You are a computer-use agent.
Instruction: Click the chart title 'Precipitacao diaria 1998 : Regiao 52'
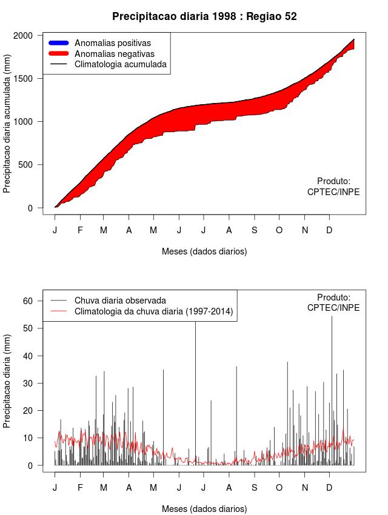tap(204, 16)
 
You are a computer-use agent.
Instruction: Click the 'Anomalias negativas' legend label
tap(115, 54)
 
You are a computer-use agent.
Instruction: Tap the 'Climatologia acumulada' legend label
tap(120, 64)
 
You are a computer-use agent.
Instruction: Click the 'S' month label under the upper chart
tap(255, 230)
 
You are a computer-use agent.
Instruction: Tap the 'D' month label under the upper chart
tap(329, 230)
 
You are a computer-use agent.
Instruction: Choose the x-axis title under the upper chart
tap(204, 251)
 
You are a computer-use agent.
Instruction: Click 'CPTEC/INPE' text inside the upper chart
tap(333, 192)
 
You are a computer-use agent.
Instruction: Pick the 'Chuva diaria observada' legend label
tap(120, 300)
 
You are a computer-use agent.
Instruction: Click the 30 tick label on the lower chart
tap(27, 383)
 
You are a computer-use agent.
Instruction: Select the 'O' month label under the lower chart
tap(279, 488)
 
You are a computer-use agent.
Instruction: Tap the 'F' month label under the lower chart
tap(80, 488)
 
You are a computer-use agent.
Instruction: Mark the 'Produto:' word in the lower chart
tap(333, 297)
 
